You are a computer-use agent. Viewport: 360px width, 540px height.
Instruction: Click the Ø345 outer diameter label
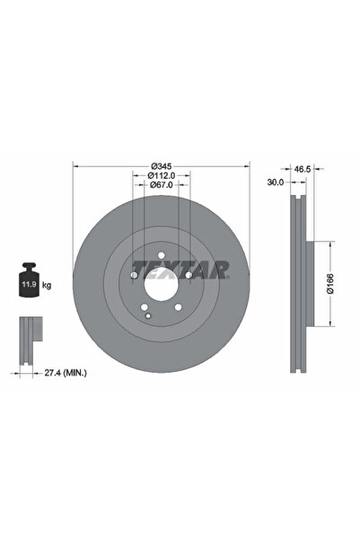coord(162,167)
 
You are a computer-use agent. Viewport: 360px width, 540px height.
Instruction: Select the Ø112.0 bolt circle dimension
coord(162,177)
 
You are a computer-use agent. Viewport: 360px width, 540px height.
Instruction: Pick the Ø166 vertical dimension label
coord(330,285)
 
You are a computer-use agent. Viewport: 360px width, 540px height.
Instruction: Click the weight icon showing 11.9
coord(29,283)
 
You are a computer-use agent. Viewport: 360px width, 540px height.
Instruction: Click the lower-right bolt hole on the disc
coord(179,310)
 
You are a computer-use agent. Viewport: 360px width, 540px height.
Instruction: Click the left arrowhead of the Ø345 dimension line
coord(75,167)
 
